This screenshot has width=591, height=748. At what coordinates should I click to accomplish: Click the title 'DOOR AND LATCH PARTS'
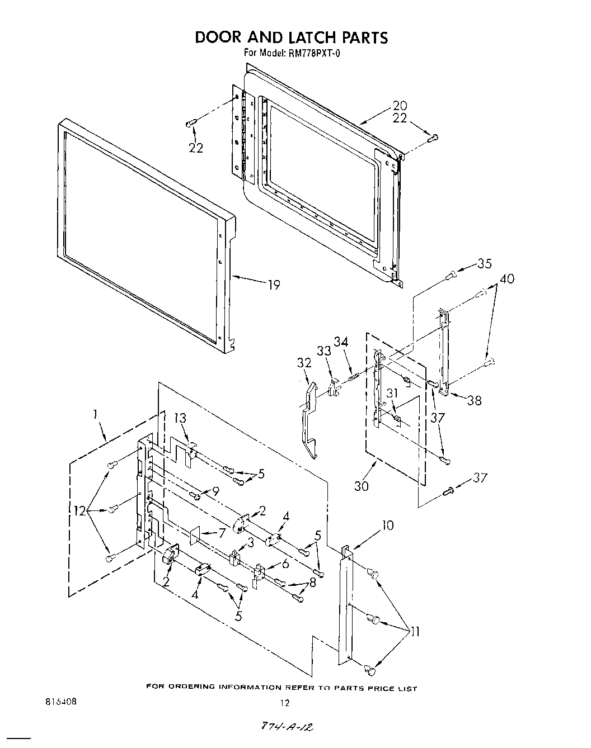(x=290, y=37)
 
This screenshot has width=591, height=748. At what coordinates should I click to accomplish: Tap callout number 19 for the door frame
(x=274, y=285)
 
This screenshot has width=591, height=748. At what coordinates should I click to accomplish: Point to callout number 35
(x=485, y=264)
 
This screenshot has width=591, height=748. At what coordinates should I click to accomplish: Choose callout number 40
(x=507, y=278)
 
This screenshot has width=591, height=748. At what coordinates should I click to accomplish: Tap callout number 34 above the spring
(x=341, y=342)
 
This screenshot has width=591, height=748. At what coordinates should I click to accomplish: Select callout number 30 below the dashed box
(x=362, y=486)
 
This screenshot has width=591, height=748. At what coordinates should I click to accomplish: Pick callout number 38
(x=473, y=400)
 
